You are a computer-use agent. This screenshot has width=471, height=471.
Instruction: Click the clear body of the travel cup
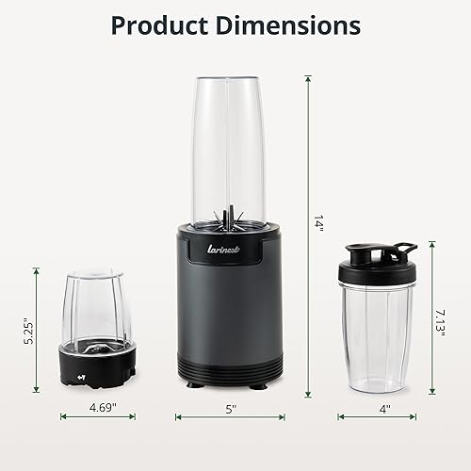(x=382, y=325)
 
